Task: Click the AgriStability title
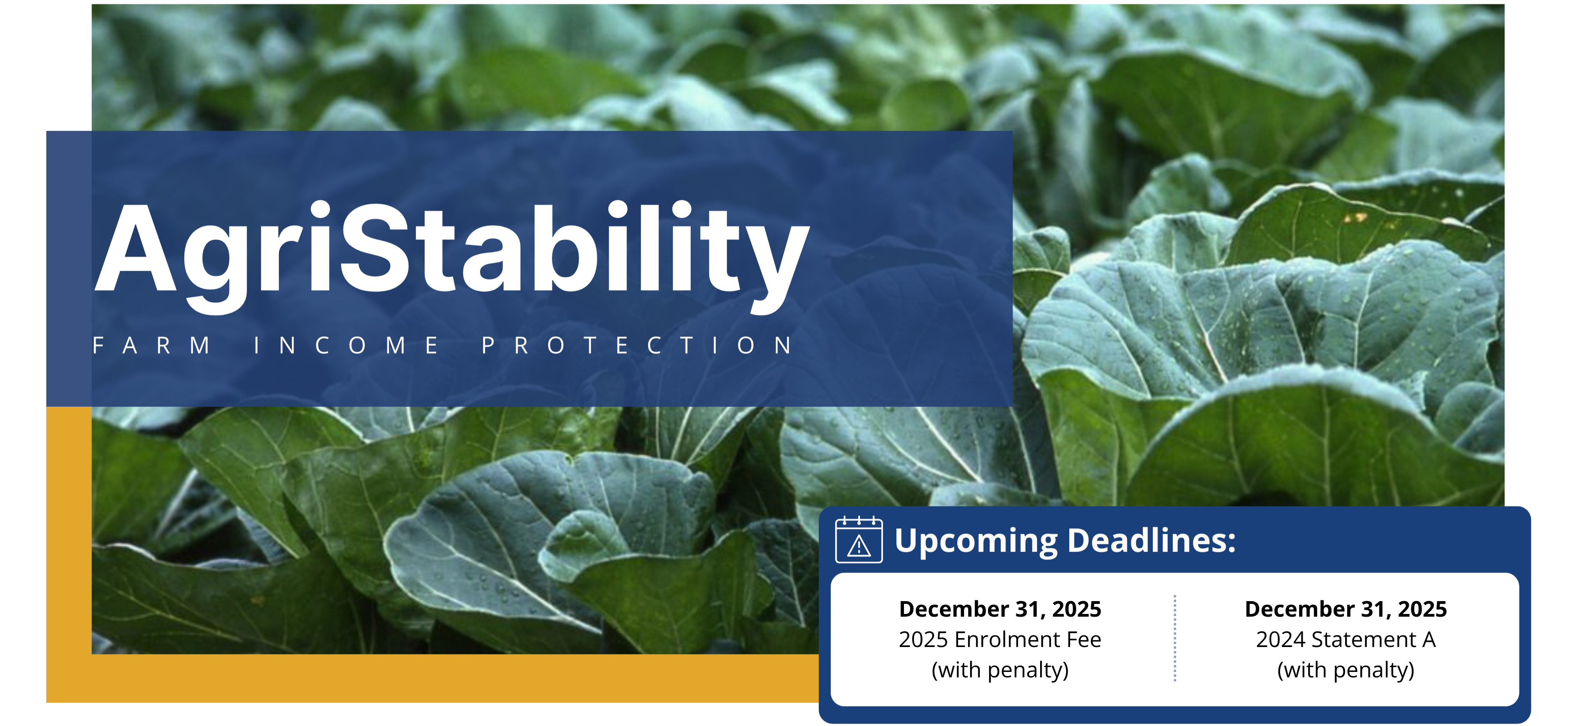click(x=452, y=251)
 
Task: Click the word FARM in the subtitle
click(x=152, y=345)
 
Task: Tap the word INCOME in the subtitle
click(x=347, y=345)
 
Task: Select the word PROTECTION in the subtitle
click(x=638, y=345)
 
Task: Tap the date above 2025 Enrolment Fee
click(x=1000, y=609)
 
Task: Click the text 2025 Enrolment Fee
click(x=1000, y=639)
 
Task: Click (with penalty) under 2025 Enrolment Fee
click(x=1000, y=670)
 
